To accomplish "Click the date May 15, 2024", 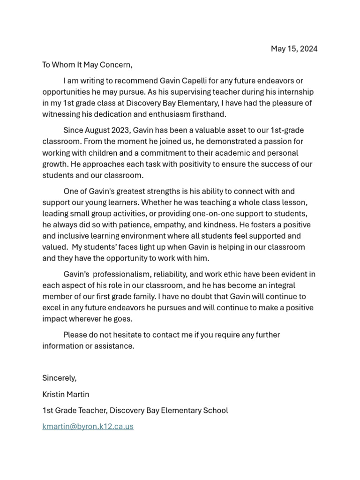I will click(x=294, y=49).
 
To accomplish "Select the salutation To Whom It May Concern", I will click(x=88, y=65).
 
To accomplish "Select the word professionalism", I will click(x=126, y=274).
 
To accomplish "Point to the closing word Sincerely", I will click(x=59, y=378).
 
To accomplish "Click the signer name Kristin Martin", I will click(x=66, y=394).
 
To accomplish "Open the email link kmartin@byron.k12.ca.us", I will click(x=88, y=427).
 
